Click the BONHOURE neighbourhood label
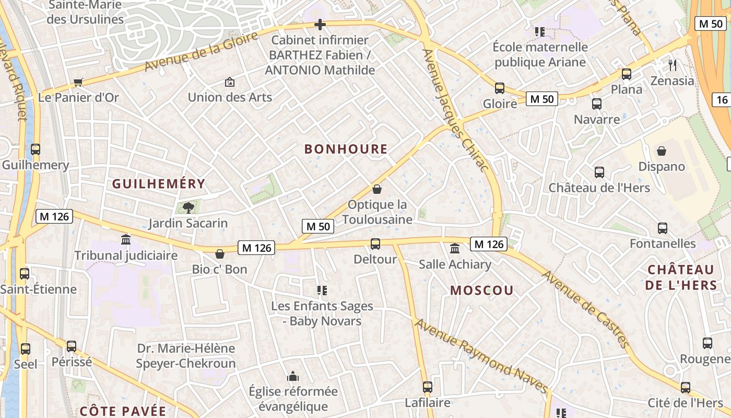(346, 149)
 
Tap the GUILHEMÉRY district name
(159, 184)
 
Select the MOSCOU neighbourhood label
(482, 291)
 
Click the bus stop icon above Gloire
(500, 88)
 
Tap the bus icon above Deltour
(375, 244)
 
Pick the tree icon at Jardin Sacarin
(188, 208)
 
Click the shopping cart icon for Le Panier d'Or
(78, 82)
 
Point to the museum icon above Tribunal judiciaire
(126, 240)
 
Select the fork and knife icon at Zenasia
(673, 65)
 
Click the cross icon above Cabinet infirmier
(320, 25)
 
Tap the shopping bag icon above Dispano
(662, 151)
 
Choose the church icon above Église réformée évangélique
(292, 376)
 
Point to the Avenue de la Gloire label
(202, 51)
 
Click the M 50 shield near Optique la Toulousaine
(318, 226)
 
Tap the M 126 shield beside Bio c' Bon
(256, 248)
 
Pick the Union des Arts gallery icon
(229, 82)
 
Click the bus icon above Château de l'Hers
(599, 172)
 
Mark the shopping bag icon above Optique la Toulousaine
(377, 189)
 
